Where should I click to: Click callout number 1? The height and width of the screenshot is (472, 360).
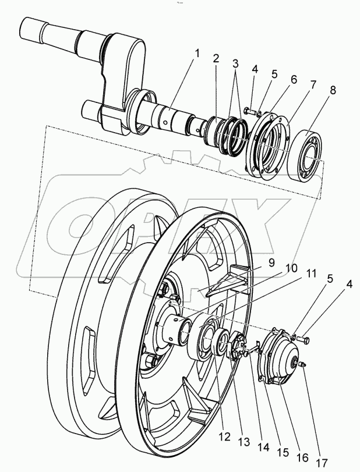coord(197,54)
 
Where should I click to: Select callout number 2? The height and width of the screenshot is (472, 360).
coord(216,58)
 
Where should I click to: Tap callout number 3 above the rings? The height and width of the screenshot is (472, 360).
coord(235,64)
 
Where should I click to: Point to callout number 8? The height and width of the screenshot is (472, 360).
coord(332,90)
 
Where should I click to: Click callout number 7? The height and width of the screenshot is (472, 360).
coord(313,85)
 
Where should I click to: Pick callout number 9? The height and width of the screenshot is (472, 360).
coord(271,263)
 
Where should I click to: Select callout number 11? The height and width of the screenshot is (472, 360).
coord(311,274)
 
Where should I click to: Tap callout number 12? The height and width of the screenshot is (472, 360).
coord(224,436)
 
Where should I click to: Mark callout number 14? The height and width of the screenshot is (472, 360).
coord(264,447)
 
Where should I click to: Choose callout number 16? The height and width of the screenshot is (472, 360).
coord(302,457)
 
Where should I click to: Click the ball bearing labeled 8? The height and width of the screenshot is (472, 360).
coord(305,154)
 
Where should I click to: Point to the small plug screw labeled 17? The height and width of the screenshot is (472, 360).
coord(302,364)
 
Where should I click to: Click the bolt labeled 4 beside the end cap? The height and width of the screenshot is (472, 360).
coord(303,339)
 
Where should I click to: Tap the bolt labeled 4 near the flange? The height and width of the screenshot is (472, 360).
coord(249,111)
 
